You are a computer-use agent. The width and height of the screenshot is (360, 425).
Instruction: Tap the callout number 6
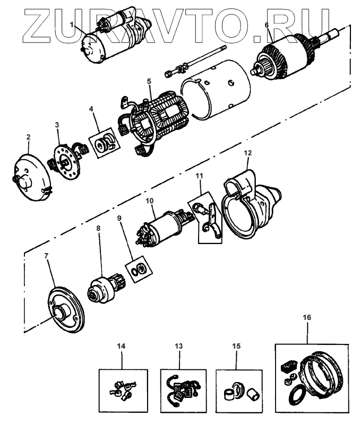point(267,24)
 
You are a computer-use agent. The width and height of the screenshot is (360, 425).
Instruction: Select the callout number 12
point(247,153)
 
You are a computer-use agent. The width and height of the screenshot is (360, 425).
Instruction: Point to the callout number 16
point(307,317)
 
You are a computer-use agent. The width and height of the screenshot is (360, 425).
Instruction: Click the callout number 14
point(122,346)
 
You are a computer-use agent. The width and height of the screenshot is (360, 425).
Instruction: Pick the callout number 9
point(119,218)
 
